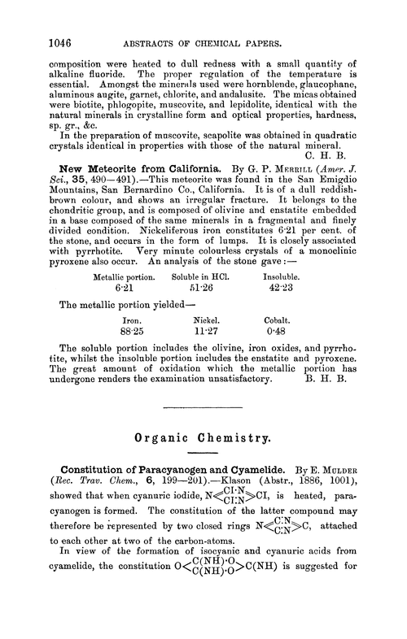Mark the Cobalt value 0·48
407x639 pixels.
click(302, 354)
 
